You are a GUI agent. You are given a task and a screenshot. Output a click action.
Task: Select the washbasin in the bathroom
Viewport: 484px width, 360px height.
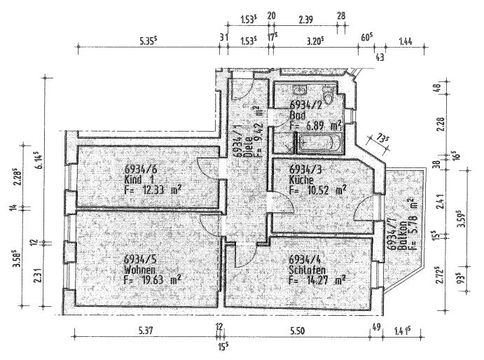pyautogui.click(x=300, y=91)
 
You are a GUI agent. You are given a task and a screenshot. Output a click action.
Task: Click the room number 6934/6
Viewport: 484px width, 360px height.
pyautogui.click(x=141, y=169)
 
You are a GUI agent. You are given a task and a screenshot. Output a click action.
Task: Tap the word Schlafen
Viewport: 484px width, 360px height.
pyautogui.click(x=306, y=270)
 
